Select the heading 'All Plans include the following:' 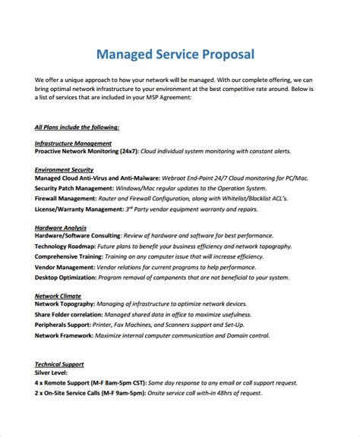click(77, 127)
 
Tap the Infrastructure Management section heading click(74, 143)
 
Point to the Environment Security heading click(65, 169)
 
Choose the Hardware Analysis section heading click(61, 228)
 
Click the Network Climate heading click(58, 295)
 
